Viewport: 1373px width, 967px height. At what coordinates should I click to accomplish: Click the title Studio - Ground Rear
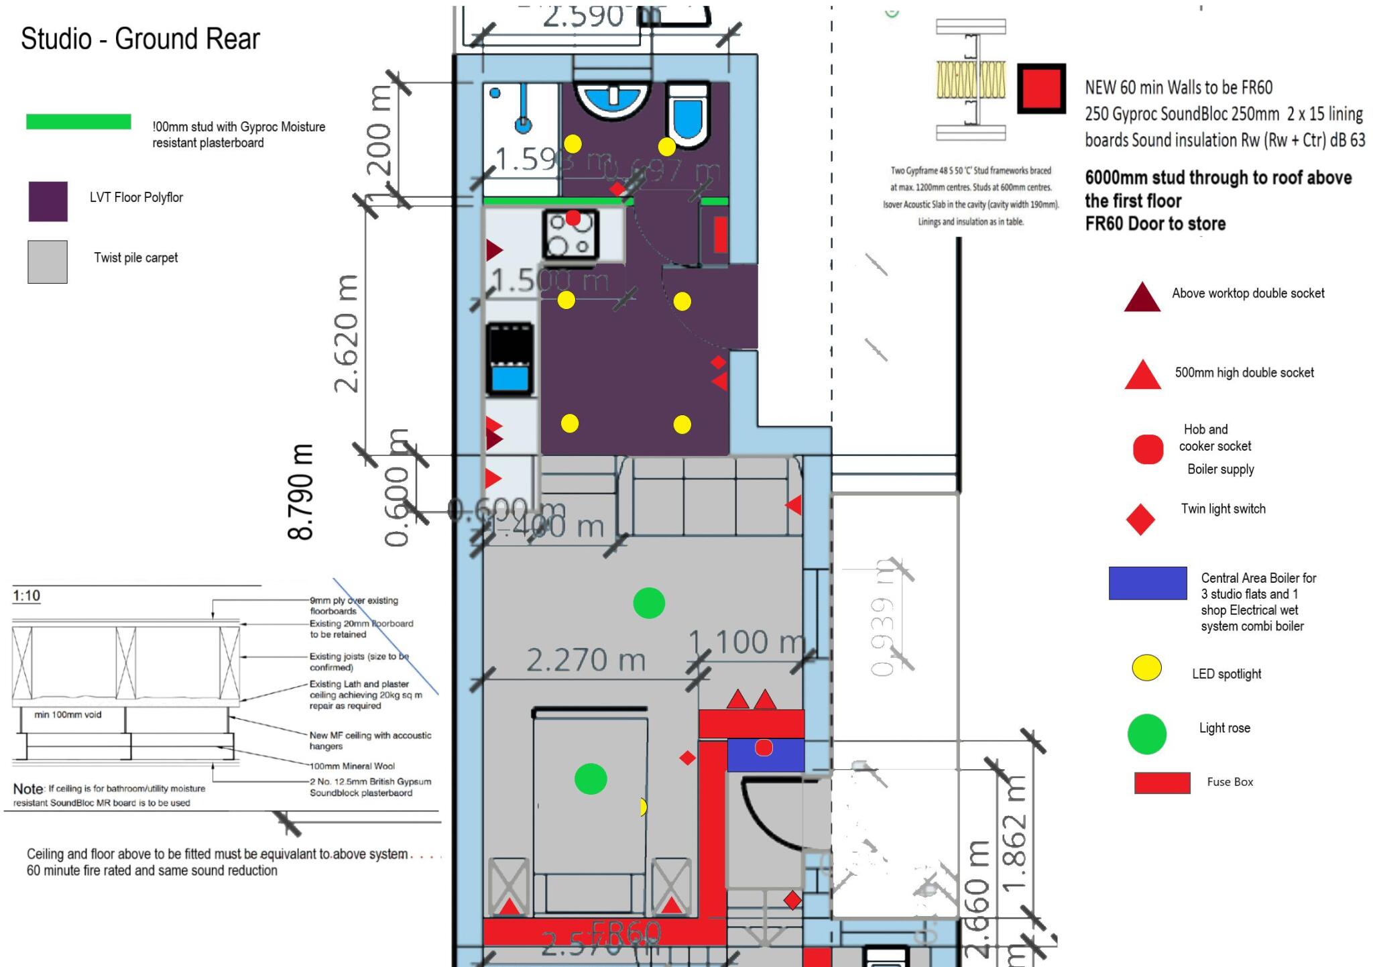pyautogui.click(x=140, y=39)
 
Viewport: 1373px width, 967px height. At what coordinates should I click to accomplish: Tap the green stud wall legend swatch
pyautogui.click(x=78, y=121)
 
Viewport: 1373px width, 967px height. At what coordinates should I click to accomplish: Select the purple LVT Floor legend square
pyautogui.click(x=48, y=201)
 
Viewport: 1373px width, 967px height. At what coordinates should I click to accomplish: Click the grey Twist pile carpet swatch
pyautogui.click(x=48, y=262)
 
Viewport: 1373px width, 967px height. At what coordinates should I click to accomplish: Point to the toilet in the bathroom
pyautogui.click(x=688, y=114)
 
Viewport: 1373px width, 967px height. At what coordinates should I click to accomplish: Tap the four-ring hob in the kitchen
pyautogui.click(x=570, y=234)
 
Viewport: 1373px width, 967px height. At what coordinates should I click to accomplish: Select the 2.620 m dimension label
pyautogui.click(x=347, y=333)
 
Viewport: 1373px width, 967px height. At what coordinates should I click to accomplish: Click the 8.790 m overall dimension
pyautogui.click(x=301, y=492)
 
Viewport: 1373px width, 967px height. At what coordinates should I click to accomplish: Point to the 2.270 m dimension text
pyautogui.click(x=585, y=661)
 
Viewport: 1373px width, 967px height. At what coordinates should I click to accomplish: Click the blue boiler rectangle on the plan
pyautogui.click(x=766, y=754)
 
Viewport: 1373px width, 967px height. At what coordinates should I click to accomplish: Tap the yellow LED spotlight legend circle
pyautogui.click(x=1146, y=668)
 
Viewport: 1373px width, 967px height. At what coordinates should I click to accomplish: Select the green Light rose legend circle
pyautogui.click(x=1147, y=734)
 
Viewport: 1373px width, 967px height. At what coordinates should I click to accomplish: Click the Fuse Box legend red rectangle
pyautogui.click(x=1162, y=783)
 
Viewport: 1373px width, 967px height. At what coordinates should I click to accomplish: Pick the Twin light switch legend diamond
pyautogui.click(x=1140, y=519)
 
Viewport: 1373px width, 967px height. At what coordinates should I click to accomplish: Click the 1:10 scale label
pyautogui.click(x=27, y=595)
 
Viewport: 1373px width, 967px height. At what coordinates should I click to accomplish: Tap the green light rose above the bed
pyautogui.click(x=591, y=779)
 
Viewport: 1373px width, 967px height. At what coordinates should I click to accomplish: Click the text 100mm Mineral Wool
pyautogui.click(x=352, y=766)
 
